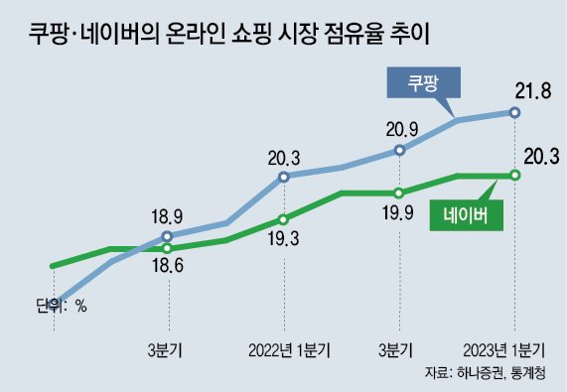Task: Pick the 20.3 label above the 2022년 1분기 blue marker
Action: click(284, 155)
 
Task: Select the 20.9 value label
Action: click(401, 128)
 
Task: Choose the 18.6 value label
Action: click(168, 264)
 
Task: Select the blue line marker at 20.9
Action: click(399, 151)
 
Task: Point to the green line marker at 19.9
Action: click(399, 193)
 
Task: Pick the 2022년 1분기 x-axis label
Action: click(289, 348)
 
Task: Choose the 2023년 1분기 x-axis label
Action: click(505, 348)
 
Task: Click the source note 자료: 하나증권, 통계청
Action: click(489, 373)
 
